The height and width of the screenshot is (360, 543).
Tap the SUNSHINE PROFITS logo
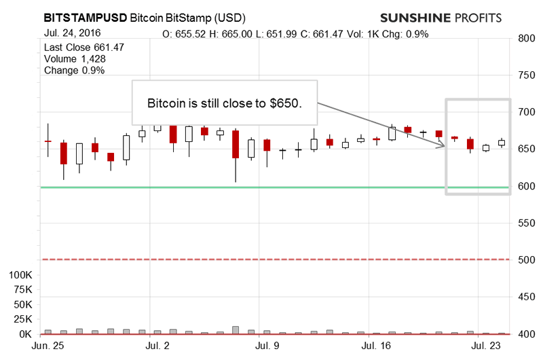[x=441, y=17]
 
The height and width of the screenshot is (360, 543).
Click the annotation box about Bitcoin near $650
[x=224, y=103]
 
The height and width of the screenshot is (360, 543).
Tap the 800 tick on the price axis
[x=525, y=39]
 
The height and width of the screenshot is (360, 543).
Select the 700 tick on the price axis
[x=525, y=112]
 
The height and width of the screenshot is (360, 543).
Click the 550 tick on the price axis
[x=525, y=223]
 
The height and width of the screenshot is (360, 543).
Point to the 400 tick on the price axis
[x=525, y=334]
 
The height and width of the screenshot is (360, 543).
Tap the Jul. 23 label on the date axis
[x=487, y=346]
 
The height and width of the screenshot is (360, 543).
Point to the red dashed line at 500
[x=271, y=259]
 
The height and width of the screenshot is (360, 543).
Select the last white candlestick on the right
[x=502, y=143]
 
